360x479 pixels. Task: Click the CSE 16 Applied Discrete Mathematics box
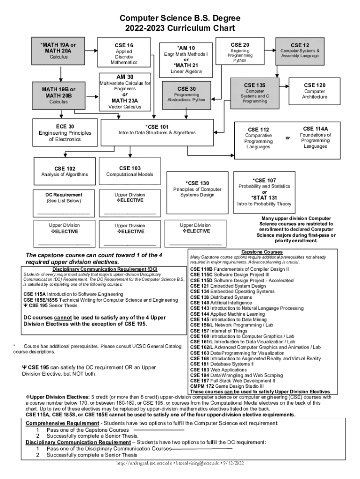click(x=124, y=53)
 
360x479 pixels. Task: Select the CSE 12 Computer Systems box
click(x=300, y=51)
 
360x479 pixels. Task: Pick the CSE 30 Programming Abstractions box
click(x=187, y=94)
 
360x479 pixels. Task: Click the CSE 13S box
click(x=255, y=93)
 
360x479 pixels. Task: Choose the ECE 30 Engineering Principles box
click(x=65, y=133)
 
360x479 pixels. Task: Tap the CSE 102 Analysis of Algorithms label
click(x=65, y=168)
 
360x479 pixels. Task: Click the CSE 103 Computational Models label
click(x=130, y=168)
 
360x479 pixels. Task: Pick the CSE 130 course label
click(x=197, y=183)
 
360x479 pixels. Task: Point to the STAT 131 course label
click(x=264, y=197)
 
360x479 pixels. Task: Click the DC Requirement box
click(x=64, y=198)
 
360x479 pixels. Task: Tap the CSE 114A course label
click(x=315, y=129)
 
